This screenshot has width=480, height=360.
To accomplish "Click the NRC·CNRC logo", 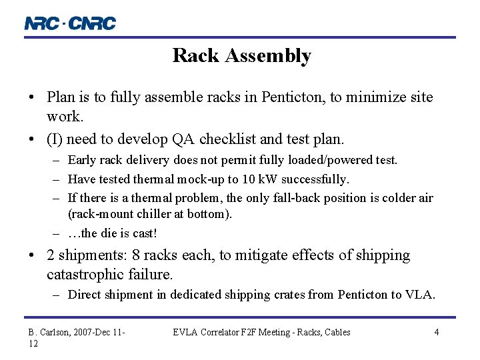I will (70, 23).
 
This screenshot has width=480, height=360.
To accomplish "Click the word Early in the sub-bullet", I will (81, 160).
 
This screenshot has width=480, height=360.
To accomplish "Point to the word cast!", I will (145, 234).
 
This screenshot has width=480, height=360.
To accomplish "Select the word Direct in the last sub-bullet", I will (85, 295).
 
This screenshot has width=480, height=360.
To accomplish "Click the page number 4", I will (436, 332).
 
